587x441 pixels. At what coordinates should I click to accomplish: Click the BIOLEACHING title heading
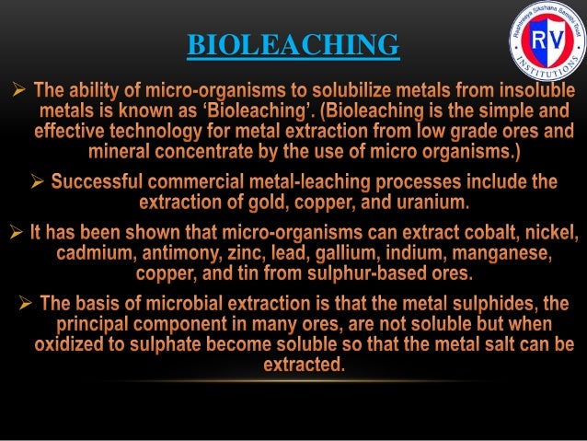click(x=293, y=43)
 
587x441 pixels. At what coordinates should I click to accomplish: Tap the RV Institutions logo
click(x=547, y=41)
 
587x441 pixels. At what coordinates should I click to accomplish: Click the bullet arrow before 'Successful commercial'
click(x=38, y=181)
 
